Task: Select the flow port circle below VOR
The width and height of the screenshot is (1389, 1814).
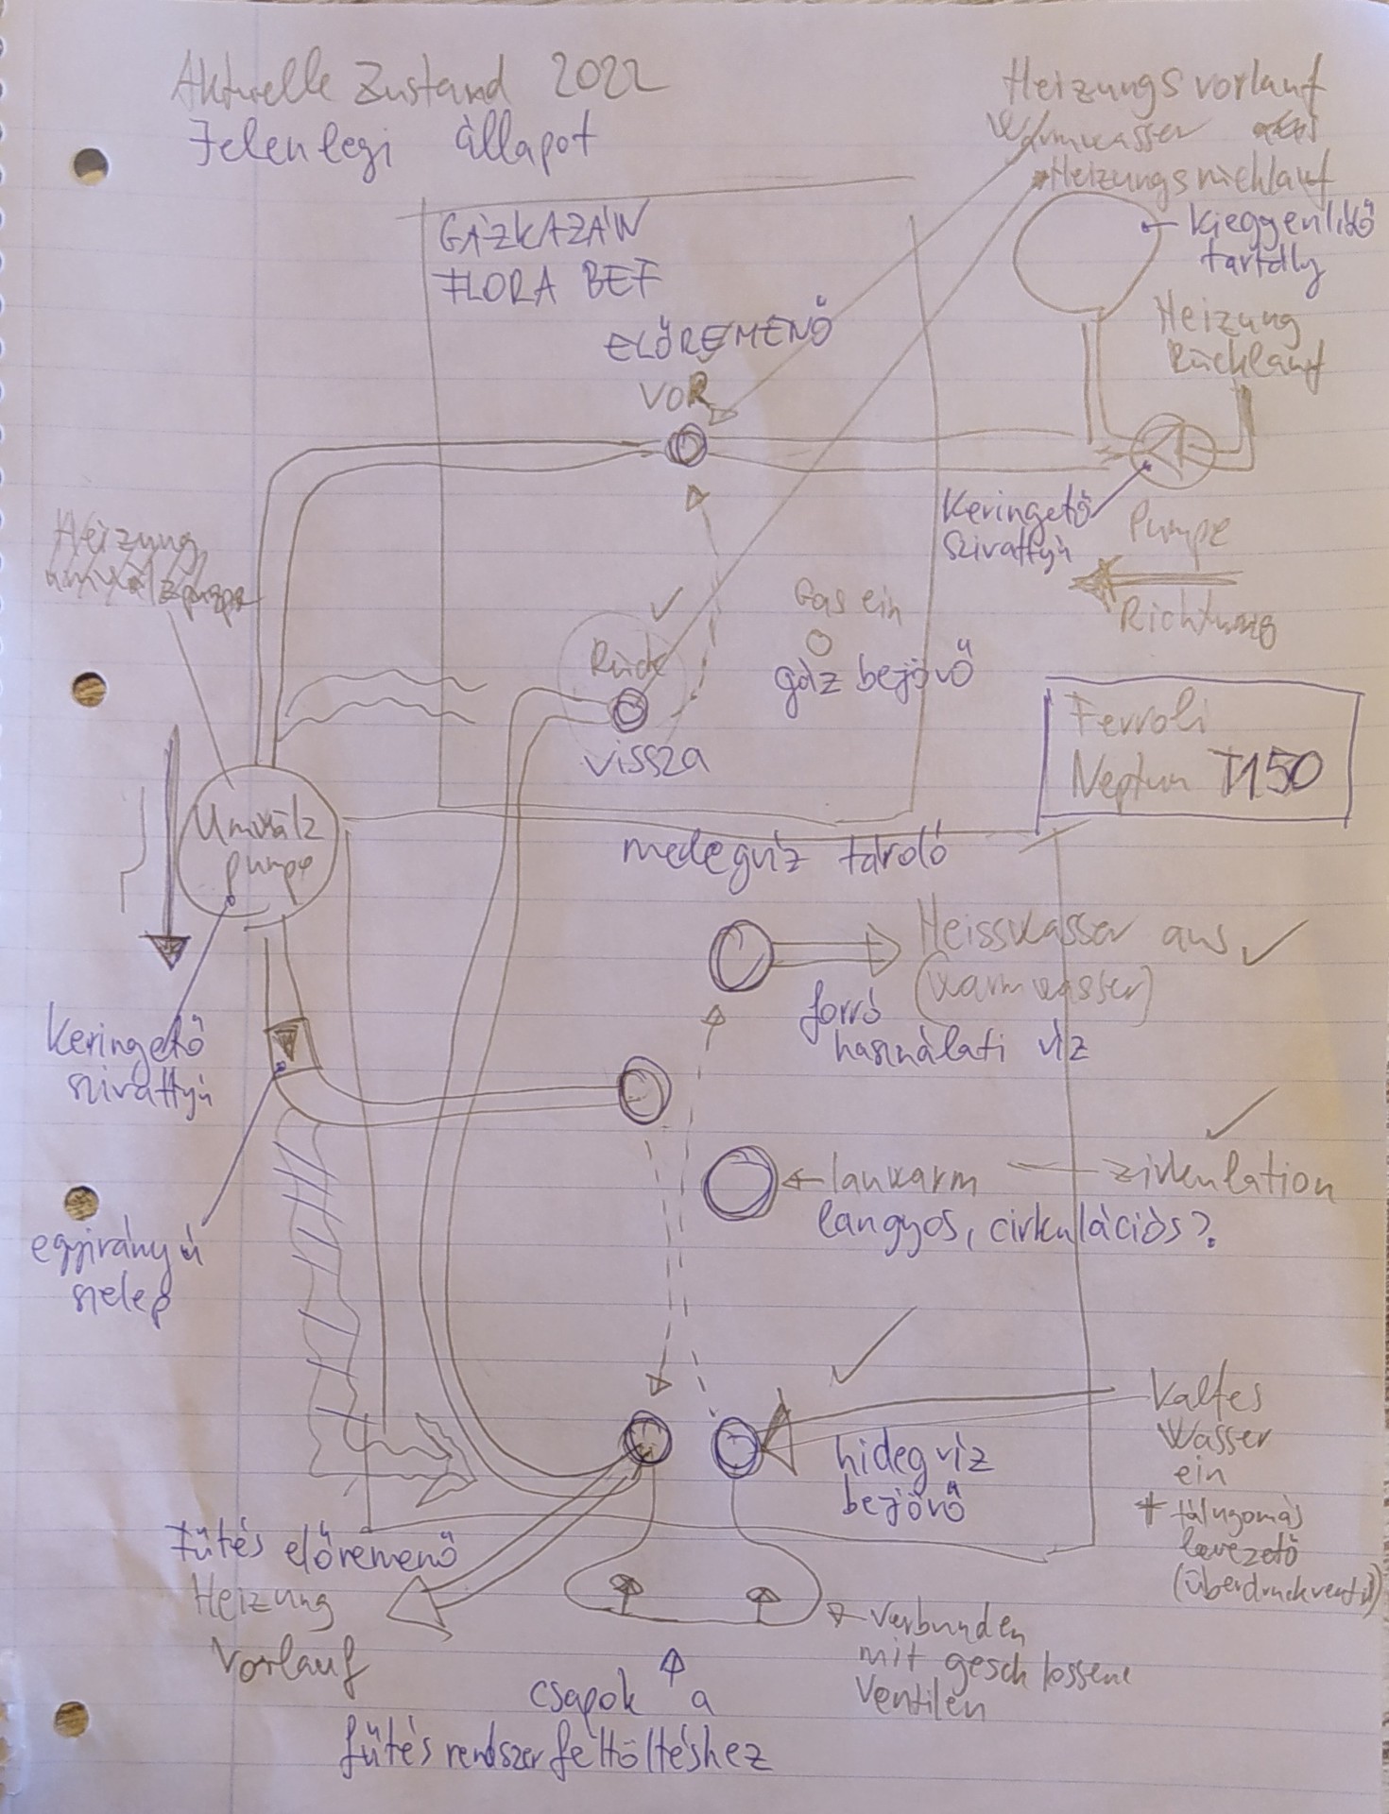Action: [x=683, y=446]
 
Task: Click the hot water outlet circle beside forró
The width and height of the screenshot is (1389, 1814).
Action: [x=740, y=957]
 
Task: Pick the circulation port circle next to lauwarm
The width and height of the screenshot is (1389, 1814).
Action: [x=740, y=1181]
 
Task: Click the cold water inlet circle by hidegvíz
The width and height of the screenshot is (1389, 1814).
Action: [x=737, y=1446]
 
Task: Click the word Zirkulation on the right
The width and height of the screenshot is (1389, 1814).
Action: [x=1219, y=1183]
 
